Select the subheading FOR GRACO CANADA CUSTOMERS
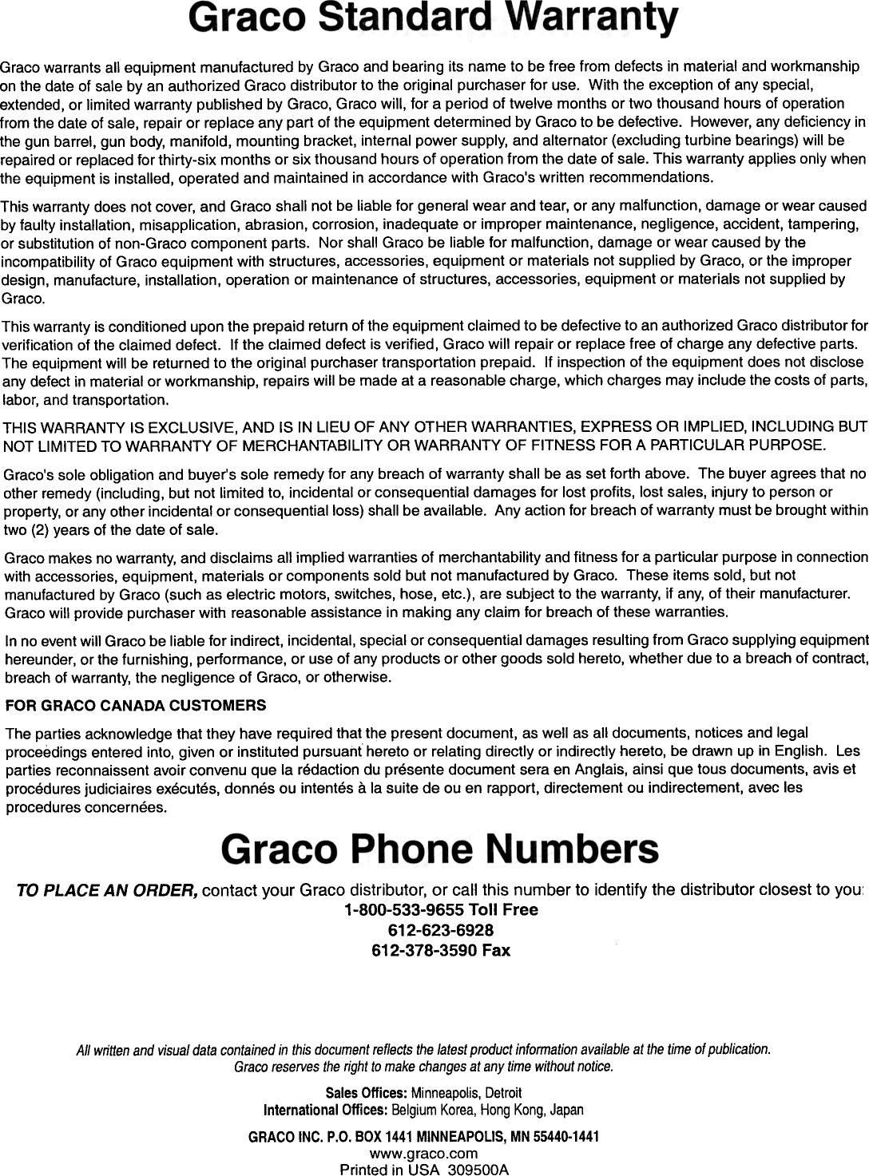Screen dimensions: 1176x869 136,707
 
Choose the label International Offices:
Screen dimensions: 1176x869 325,1111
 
